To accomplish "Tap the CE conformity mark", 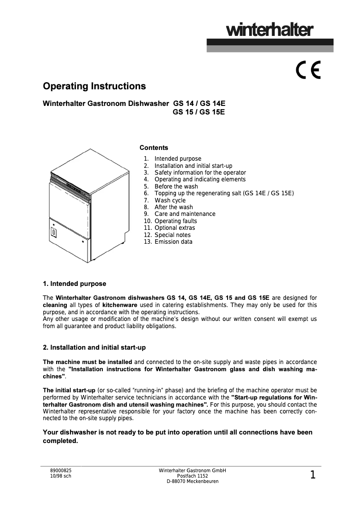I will click(x=308, y=70).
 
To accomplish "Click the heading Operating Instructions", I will click(x=94, y=86).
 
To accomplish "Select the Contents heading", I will click(x=154, y=148).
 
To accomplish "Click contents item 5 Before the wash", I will click(x=176, y=186).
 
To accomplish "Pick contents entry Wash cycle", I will click(x=170, y=200).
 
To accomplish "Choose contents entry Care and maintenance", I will click(x=184, y=214).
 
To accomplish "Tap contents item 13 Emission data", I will click(x=173, y=242).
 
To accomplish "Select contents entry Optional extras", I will click(x=175, y=228).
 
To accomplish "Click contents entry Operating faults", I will click(x=176, y=221).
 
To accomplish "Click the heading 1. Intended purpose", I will click(x=75, y=284).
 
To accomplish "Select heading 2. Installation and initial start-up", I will click(x=94, y=348).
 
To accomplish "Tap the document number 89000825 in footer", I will click(x=61, y=471).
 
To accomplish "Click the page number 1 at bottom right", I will click(x=312, y=475).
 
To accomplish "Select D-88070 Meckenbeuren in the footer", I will click(x=193, y=482).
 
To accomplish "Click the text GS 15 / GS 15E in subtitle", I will click(x=199, y=112).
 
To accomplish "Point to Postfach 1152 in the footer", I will click(x=193, y=476).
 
